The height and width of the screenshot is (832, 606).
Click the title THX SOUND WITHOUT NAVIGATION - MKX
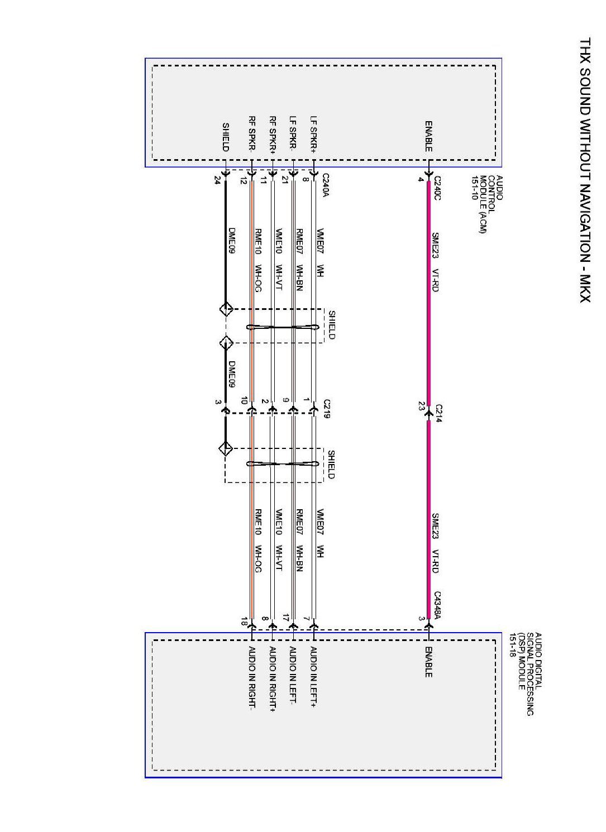(585, 170)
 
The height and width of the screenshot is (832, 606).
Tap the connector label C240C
(437, 189)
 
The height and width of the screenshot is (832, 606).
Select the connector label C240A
(326, 185)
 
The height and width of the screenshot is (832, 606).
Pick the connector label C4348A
(437, 606)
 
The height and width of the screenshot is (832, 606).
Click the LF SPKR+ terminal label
(314, 134)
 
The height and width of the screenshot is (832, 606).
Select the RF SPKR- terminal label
(252, 134)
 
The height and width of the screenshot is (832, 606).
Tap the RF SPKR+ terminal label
(273, 134)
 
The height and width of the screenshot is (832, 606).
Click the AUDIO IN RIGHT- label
(252, 678)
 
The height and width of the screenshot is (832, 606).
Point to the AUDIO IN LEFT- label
(293, 675)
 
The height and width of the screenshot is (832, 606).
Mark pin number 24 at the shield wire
(217, 180)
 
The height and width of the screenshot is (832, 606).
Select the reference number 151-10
(474, 188)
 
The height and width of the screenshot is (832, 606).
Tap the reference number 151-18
(512, 644)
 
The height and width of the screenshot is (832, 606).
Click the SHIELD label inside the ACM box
(226, 137)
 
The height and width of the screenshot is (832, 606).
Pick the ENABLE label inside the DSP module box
(428, 662)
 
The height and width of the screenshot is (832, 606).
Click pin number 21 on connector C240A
(285, 180)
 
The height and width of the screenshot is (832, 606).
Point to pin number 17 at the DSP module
(285, 618)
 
